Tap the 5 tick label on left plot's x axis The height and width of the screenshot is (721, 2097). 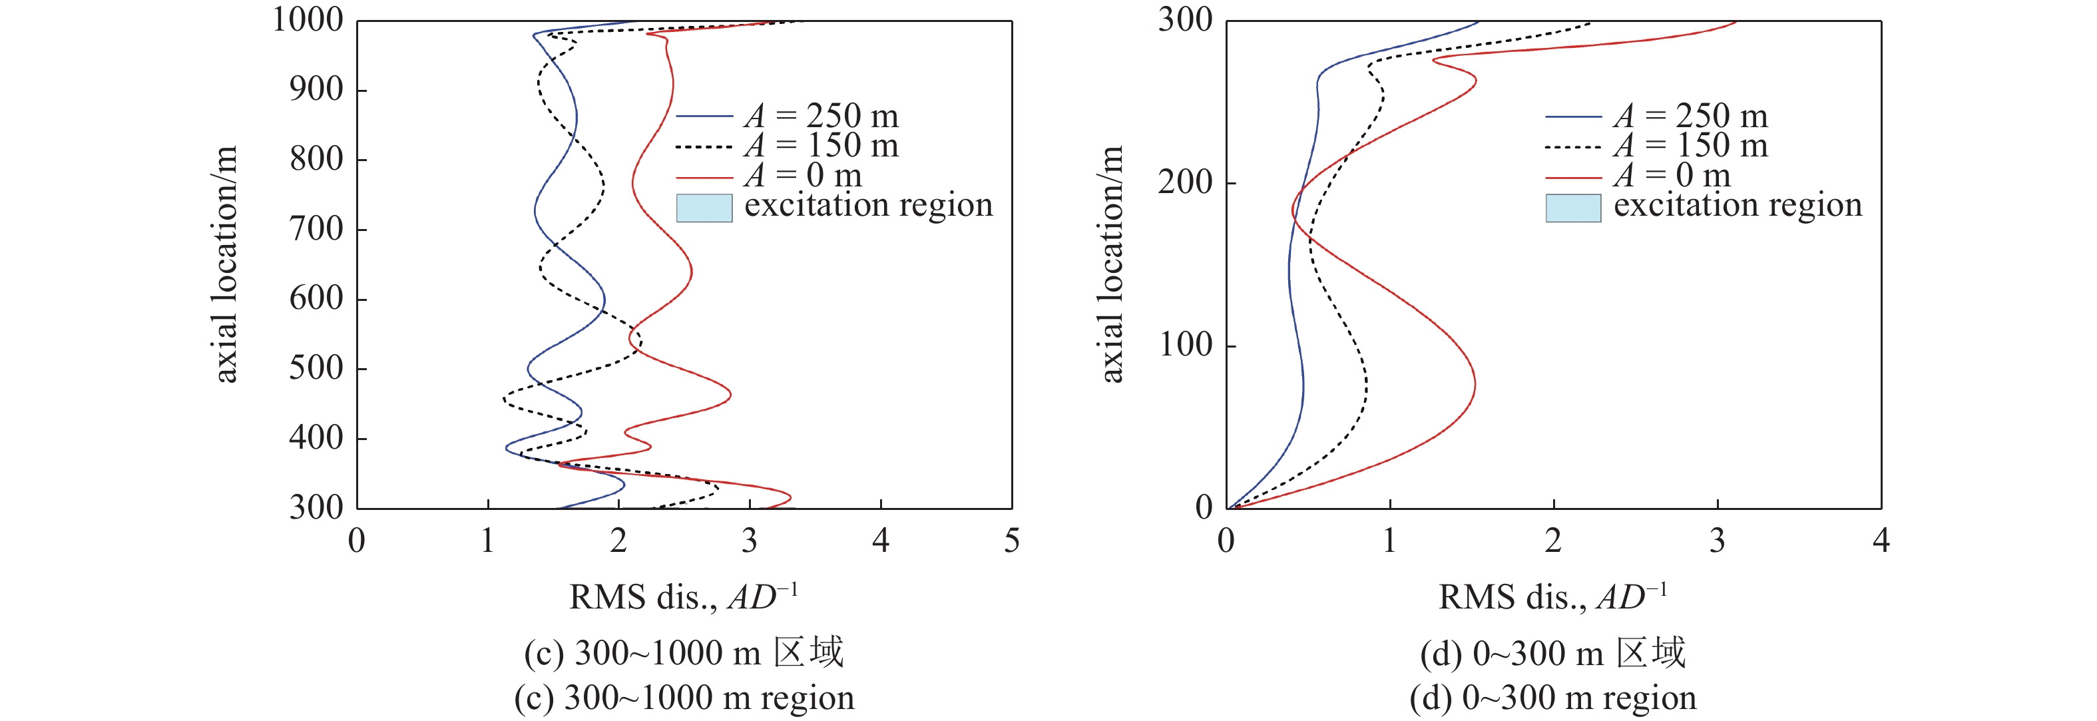coord(1011,541)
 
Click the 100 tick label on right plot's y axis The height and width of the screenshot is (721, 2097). coord(1185,345)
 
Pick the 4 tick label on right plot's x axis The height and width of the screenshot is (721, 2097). coord(1881,541)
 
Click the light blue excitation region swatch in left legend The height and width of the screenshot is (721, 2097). coord(704,208)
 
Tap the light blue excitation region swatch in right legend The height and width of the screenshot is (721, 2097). coord(1572,208)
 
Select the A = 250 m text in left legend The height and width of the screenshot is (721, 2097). coord(821,117)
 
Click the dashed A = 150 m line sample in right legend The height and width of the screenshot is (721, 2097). coord(1572,147)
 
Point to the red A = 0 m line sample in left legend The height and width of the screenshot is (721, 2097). coord(704,176)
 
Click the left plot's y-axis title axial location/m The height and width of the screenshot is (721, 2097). coord(225,264)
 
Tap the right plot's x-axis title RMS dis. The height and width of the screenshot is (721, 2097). coord(1552,597)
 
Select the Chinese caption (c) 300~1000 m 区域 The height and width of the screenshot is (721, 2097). coord(684,652)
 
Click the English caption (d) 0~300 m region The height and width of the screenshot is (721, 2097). coord(1552,698)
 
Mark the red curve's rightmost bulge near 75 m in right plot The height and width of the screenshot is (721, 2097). coord(1475,385)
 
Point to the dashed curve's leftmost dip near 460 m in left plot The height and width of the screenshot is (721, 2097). coord(504,399)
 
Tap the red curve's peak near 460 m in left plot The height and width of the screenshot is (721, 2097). coord(730,395)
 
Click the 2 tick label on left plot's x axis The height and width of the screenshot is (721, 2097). coord(618,541)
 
